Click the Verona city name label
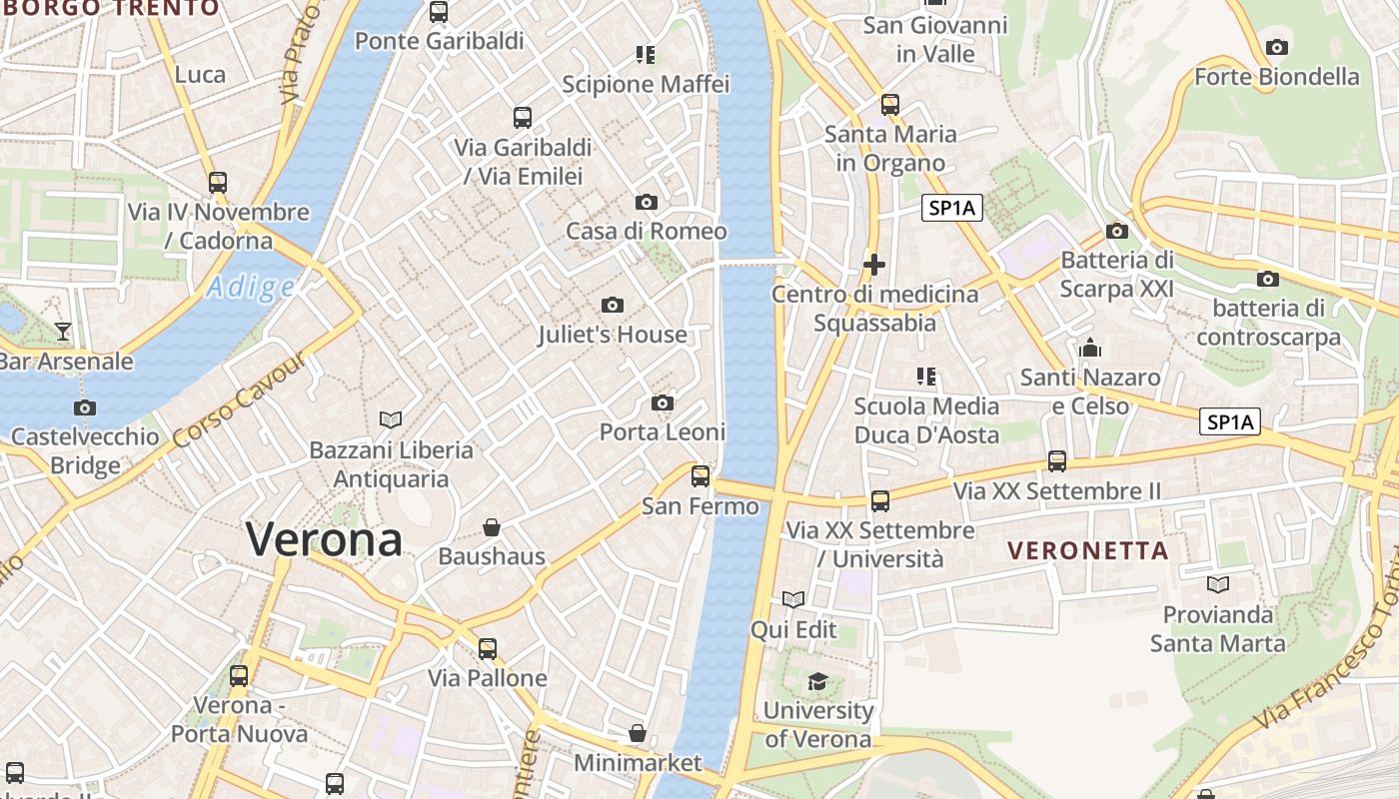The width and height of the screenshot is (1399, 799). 325,539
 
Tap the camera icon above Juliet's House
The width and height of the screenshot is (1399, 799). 613,305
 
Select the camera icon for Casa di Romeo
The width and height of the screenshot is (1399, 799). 647,202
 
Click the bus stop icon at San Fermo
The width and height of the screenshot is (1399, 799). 700,475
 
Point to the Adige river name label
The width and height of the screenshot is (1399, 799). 251,289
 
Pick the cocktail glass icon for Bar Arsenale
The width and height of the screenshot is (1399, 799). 63,331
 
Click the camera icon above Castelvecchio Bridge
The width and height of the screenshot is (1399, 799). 85,407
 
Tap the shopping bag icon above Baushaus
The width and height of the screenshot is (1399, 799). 492,526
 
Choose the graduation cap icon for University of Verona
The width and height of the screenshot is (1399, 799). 817,681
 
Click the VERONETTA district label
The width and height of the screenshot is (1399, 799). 1088,550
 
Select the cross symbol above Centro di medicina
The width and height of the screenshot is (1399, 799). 874,265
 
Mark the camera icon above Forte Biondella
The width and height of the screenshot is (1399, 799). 1276,47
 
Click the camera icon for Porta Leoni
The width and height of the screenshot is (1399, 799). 662,402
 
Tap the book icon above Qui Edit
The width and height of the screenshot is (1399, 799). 793,599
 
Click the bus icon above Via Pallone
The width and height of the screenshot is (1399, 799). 488,648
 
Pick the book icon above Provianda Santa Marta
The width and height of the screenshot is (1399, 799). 1217,584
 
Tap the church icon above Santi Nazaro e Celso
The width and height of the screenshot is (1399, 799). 1090,348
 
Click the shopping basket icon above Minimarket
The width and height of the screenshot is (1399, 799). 638,734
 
